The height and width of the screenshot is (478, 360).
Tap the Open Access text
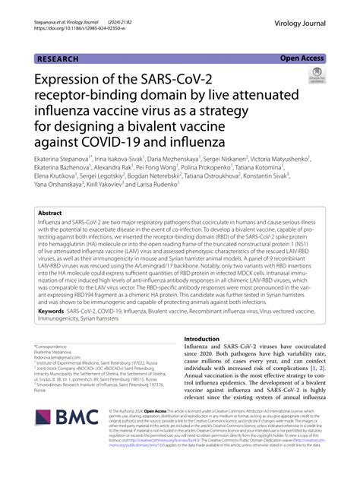coord(302,58)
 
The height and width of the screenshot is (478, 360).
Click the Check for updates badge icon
coord(317,75)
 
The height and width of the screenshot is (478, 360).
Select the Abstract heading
coord(50,214)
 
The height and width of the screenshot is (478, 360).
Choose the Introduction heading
coord(207,359)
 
